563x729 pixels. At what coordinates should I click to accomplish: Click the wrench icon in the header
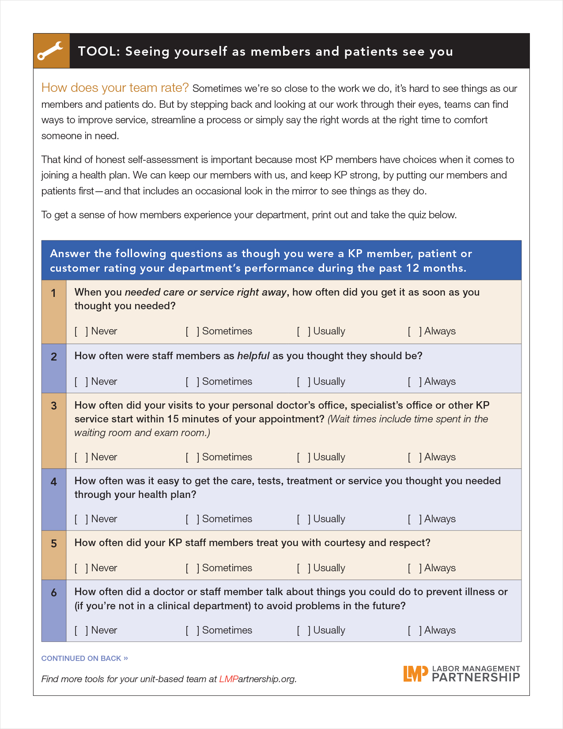51,51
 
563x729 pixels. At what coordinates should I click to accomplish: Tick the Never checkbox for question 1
81,331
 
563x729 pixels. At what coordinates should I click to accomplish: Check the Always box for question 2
414,382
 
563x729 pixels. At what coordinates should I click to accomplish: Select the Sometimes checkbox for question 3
192,457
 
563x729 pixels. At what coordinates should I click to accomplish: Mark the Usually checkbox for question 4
303,519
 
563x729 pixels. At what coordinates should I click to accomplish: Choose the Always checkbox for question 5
414,568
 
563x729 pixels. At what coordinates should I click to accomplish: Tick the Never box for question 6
81,630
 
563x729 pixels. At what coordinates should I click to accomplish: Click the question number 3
54,406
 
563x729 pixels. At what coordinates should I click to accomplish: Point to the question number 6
54,593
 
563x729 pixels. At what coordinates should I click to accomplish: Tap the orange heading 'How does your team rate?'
115,88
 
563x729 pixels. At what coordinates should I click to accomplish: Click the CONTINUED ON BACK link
84,658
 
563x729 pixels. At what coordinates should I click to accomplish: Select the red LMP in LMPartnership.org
228,679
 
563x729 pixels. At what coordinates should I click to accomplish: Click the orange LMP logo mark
415,674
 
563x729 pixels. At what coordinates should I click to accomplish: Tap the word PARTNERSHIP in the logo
476,677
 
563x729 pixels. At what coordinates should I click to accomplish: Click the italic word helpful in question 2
253,356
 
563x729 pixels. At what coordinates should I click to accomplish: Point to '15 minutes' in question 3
192,419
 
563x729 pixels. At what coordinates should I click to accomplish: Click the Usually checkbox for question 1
303,331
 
